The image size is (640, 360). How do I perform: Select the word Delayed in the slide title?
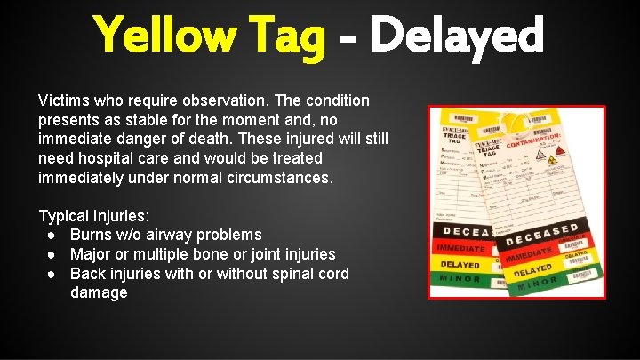pos(458,36)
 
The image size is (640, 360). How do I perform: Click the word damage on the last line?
pos(99,293)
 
